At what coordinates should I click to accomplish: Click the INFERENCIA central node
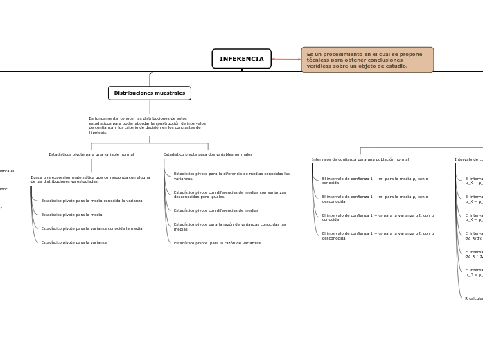point(241,59)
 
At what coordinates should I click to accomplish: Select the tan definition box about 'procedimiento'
point(367,60)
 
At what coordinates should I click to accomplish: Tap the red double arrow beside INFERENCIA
point(286,59)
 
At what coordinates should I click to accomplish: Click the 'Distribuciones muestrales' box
point(150,93)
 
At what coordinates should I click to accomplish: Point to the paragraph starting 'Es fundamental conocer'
point(147,125)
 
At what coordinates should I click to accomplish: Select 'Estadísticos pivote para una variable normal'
point(91,154)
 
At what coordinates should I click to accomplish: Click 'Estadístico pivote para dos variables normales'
point(208,154)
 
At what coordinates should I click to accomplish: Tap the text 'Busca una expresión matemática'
point(90,179)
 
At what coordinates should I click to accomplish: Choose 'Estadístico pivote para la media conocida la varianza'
point(91,201)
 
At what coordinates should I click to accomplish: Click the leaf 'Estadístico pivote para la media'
point(71,215)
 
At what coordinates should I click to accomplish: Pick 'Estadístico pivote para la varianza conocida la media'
point(91,228)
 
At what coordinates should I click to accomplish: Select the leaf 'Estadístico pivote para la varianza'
point(73,242)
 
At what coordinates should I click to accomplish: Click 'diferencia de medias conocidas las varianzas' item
point(231,176)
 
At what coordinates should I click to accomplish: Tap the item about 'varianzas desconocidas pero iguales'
point(229,194)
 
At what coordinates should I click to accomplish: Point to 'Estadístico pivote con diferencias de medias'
point(216,210)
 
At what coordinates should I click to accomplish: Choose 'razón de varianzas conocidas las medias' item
point(229,226)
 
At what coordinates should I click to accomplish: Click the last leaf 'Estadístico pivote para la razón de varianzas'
point(217,243)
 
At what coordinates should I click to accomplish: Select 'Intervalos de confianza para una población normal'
point(360,159)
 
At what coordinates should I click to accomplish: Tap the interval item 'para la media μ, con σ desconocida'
point(375,199)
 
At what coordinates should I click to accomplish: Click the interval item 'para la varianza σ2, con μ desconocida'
point(378,235)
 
